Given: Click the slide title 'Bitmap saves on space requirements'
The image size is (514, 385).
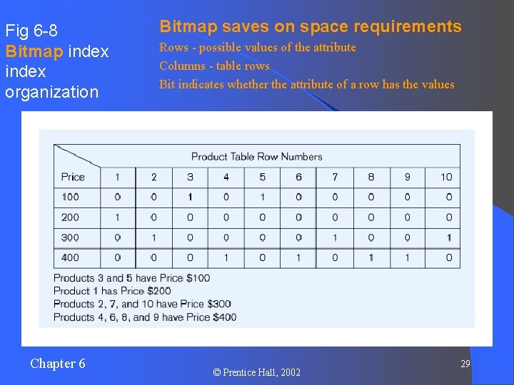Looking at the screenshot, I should coord(311,27).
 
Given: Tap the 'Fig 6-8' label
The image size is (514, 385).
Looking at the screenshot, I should coord(31,31).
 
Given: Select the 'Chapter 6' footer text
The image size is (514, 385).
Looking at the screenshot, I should coord(58,364).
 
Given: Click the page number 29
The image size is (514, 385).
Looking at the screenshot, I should coord(465,364).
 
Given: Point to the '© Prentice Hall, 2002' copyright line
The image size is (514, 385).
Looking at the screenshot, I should coord(257,372).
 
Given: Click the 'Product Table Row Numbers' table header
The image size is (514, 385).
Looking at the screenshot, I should coord(257,157).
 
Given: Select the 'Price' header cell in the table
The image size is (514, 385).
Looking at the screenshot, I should coord(73,177).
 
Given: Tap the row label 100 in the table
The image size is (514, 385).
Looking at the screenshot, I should coord(71,197).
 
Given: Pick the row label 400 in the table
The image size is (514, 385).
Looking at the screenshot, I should coord(71,257).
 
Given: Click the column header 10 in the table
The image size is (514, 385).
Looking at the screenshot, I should coord(446,177).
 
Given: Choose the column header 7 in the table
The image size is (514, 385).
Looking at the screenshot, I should coord(335,177).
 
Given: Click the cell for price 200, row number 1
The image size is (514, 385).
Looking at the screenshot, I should coord(117,217).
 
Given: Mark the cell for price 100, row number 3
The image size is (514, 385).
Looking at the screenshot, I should coord(190,197).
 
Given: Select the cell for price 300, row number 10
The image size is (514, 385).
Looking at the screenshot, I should coord(448,237).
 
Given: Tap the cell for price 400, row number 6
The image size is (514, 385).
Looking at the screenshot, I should coord(298,257).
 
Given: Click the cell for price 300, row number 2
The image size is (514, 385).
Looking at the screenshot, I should coord(153,237).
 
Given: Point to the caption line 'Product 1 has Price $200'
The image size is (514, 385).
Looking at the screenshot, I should coord(112,291).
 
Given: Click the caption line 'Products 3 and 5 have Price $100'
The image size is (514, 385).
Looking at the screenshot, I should coord(131,278).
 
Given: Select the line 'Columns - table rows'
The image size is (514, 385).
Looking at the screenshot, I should coord(214,66).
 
